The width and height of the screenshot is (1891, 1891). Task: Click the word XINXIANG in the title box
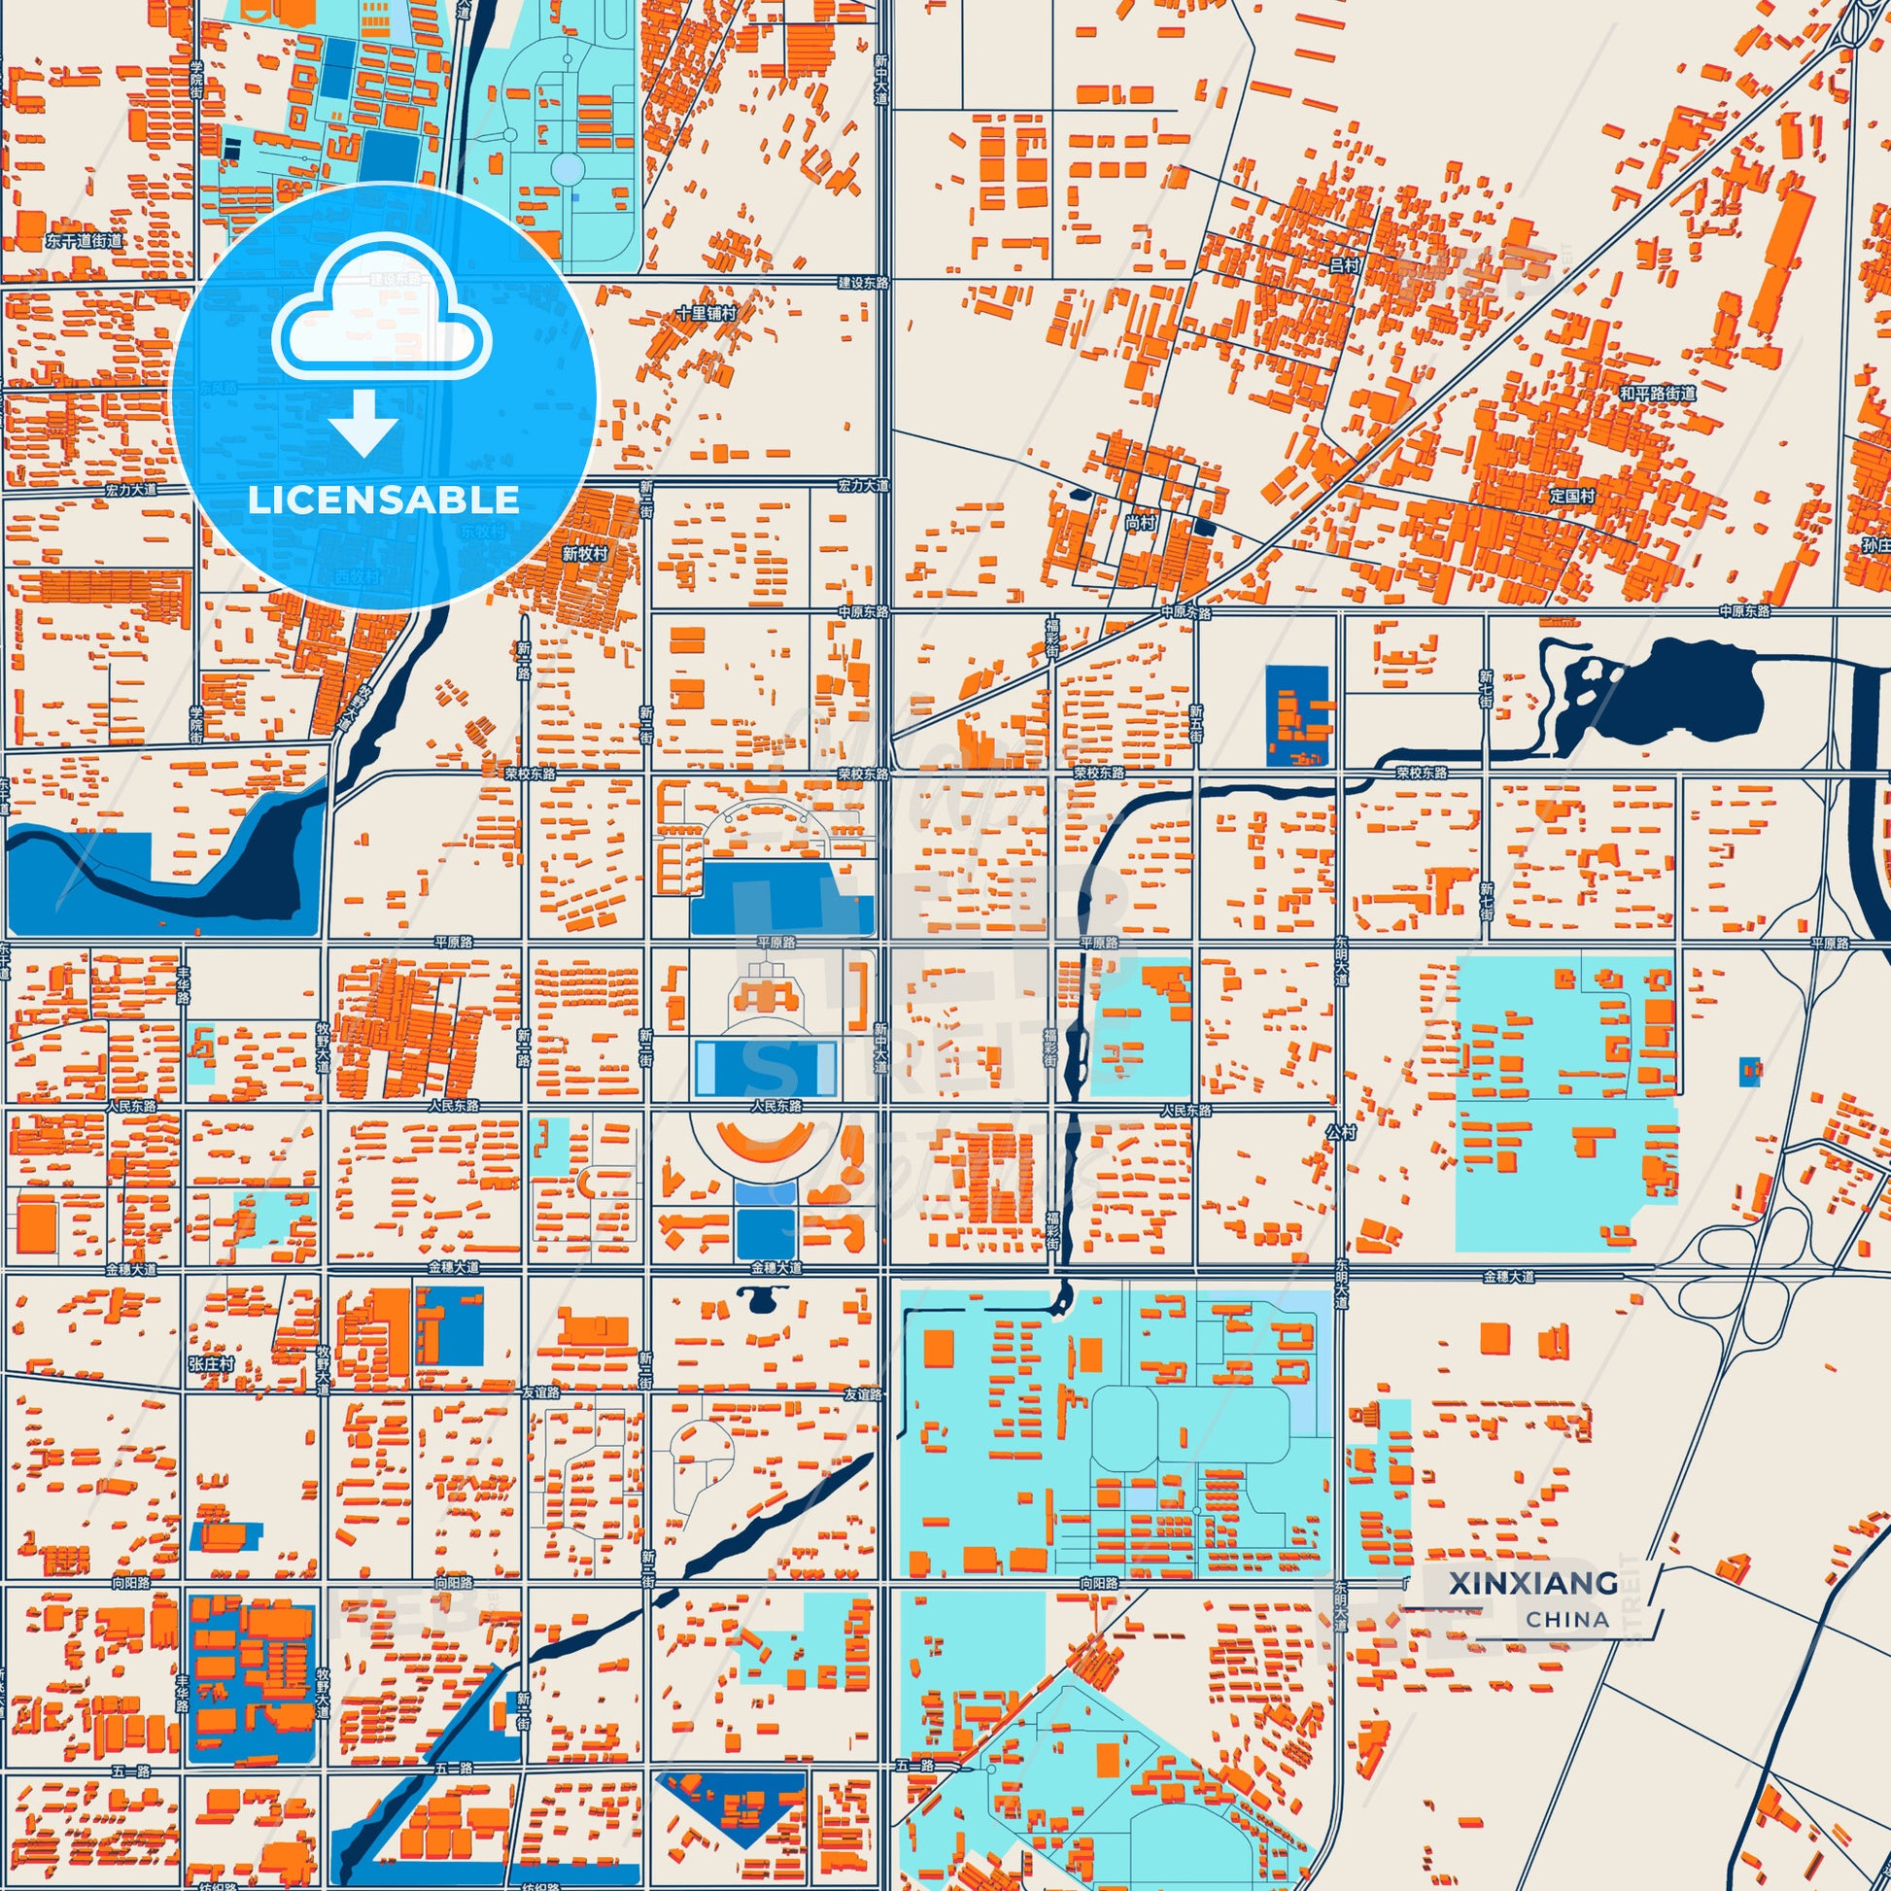click(1532, 1583)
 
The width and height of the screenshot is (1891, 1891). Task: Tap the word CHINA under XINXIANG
click(1567, 1619)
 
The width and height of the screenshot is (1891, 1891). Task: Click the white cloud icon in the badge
click(383, 309)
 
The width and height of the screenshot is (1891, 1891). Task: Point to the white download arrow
click(363, 423)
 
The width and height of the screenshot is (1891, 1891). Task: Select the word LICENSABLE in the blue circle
click(383, 500)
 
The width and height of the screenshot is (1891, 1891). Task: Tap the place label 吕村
click(1345, 265)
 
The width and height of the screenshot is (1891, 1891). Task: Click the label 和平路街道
click(1657, 394)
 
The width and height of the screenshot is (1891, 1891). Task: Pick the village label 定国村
click(1573, 497)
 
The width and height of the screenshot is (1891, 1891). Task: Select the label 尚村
click(1139, 524)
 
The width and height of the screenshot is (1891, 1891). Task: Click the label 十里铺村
click(705, 313)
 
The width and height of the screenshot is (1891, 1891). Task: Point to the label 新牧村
click(585, 553)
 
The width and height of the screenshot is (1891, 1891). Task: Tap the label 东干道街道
click(85, 241)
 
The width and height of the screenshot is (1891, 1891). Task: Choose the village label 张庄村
click(212, 1363)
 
